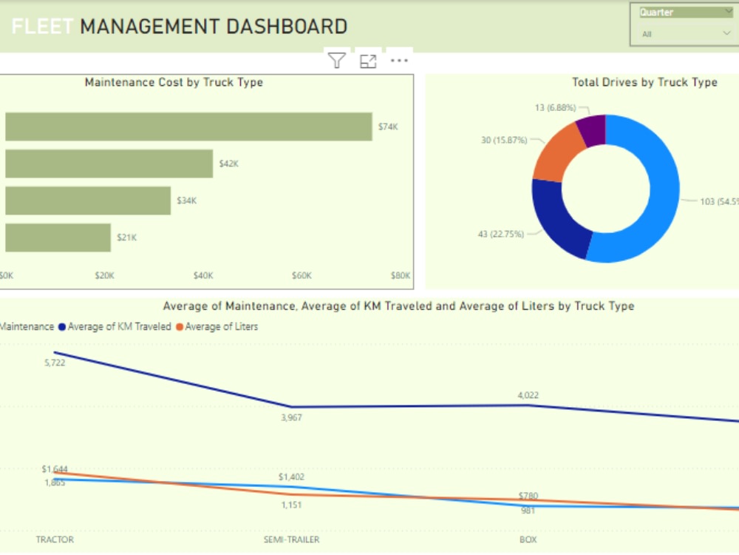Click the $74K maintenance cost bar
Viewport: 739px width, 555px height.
tap(188, 127)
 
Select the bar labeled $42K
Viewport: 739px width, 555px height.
tap(109, 164)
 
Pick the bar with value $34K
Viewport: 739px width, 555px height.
tap(88, 201)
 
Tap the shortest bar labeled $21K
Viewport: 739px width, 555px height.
tap(58, 238)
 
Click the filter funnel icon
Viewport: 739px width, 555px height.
tap(337, 61)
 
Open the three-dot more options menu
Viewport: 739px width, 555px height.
tap(399, 61)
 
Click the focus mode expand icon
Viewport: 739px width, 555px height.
tap(368, 61)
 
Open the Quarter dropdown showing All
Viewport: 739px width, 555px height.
tap(684, 34)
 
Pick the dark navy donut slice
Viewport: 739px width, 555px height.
tap(559, 220)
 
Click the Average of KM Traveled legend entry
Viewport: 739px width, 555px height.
tap(119, 326)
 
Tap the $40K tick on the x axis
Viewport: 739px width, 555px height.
tap(203, 275)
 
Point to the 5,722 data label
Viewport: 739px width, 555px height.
tap(55, 363)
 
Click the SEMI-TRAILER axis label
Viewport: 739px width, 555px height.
tap(291, 539)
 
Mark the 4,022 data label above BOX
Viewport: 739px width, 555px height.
tap(528, 395)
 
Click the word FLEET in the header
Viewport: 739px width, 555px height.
tap(42, 27)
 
